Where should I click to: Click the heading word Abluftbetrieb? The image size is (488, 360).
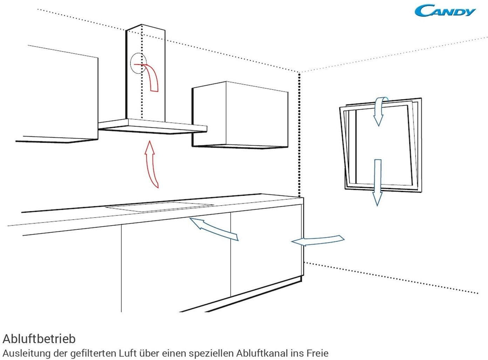coord(39,339)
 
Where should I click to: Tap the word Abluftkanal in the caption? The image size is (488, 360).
coord(262,353)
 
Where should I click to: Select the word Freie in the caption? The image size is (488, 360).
coord(317,353)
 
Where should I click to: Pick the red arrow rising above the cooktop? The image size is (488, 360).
coord(151,165)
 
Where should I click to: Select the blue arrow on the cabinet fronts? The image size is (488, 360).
coord(214,229)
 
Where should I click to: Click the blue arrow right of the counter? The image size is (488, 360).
coord(318,241)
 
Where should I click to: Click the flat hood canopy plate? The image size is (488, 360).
coord(152,126)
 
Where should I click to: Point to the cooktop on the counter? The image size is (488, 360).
coord(160,207)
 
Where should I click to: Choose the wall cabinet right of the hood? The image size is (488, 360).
coord(240,114)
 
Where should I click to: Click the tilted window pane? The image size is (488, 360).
coord(380,146)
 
